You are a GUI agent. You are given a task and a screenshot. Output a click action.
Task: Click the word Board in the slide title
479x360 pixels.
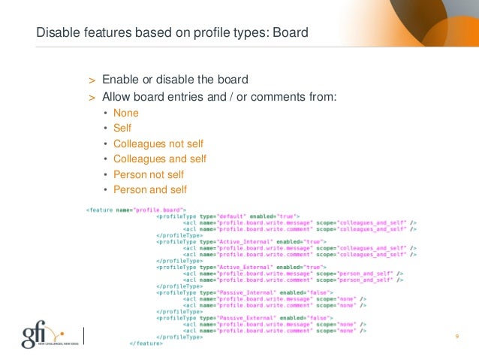(x=290, y=33)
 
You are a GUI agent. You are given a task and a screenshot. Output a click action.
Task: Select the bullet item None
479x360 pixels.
(x=126, y=113)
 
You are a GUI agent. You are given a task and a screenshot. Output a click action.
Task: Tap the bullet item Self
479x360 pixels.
(x=122, y=129)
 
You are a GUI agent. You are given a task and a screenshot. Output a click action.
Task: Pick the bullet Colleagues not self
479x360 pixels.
(x=158, y=144)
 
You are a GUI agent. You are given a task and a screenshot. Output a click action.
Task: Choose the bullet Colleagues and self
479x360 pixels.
(x=160, y=159)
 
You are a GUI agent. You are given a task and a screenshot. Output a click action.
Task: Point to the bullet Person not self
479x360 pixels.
(x=149, y=174)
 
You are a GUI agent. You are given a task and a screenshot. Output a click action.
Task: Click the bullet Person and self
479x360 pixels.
(x=150, y=190)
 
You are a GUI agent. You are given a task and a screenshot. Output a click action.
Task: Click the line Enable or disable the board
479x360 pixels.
(x=175, y=80)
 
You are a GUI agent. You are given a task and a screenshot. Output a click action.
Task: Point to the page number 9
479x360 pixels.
(x=456, y=336)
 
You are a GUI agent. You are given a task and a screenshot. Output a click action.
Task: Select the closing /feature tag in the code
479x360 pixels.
(x=143, y=343)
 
